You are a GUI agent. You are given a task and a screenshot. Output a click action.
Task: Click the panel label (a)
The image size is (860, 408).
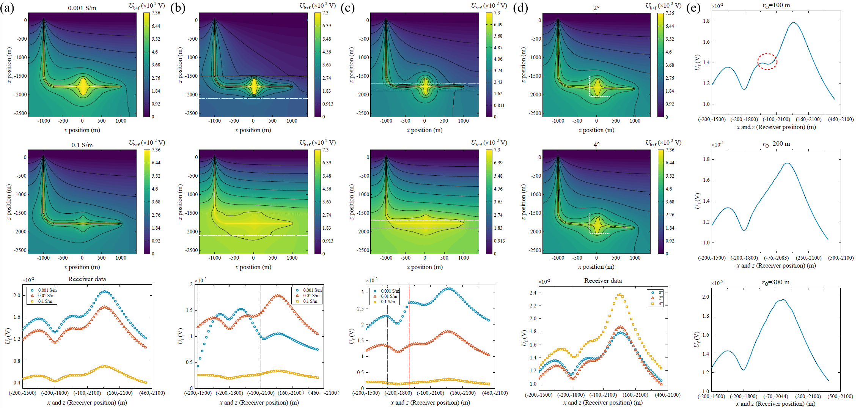[7, 8]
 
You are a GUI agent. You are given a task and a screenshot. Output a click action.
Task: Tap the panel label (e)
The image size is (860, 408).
[693, 8]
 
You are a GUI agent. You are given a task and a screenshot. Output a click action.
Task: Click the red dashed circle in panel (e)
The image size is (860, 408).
[767, 61]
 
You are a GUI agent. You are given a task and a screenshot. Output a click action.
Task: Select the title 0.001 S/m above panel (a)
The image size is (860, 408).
[82, 8]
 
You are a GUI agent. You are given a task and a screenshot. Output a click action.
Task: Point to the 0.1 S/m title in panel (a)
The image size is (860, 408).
[82, 145]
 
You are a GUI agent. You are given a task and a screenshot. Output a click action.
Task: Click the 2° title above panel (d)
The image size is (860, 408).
[596, 8]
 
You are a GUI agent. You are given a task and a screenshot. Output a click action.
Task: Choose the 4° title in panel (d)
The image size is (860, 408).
[596, 145]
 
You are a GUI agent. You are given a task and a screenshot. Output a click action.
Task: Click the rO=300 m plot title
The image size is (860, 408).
[776, 282]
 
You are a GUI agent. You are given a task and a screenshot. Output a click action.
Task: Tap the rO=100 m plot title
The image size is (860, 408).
[776, 6]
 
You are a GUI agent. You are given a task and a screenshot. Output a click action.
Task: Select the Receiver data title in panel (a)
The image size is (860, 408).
[87, 279]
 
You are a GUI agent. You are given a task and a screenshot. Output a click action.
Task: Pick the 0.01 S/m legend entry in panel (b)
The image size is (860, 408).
[311, 296]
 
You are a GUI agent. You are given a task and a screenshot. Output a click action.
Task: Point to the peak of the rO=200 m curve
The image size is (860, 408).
[788, 163]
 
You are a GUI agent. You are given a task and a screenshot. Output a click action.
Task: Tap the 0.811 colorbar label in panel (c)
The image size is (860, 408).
[499, 105]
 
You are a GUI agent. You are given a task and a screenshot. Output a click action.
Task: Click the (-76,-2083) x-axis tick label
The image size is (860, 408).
[776, 258]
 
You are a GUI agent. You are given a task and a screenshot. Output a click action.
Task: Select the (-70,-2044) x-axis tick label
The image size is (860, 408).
[776, 396]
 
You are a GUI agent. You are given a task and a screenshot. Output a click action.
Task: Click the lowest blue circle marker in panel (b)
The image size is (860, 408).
[198, 366]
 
